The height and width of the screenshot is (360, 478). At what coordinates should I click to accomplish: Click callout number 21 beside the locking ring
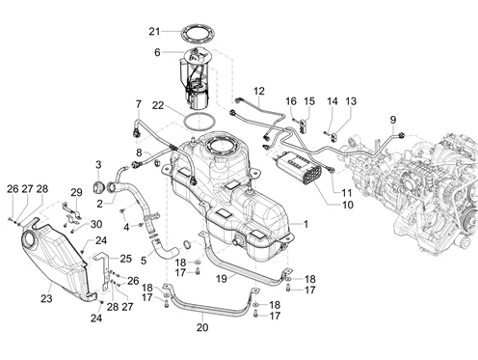pyautogui.click(x=154, y=32)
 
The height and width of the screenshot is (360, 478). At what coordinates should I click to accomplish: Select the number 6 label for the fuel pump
pyautogui.click(x=157, y=52)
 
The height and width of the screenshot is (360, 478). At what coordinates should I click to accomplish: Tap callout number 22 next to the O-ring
pyautogui.click(x=158, y=105)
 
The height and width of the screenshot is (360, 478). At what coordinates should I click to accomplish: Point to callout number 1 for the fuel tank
pyautogui.click(x=305, y=224)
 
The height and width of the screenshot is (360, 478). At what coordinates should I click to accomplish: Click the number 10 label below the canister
pyautogui.click(x=348, y=205)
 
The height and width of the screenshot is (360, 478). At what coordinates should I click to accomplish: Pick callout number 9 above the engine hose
pyautogui.click(x=393, y=120)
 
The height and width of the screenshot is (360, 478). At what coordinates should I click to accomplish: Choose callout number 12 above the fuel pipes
pyautogui.click(x=259, y=91)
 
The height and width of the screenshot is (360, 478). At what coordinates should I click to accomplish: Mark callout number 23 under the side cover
pyautogui.click(x=46, y=298)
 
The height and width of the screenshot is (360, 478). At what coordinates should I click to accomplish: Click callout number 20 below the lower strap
pyautogui.click(x=202, y=327)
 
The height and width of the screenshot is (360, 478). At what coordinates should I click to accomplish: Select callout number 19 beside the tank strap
pyautogui.click(x=222, y=279)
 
